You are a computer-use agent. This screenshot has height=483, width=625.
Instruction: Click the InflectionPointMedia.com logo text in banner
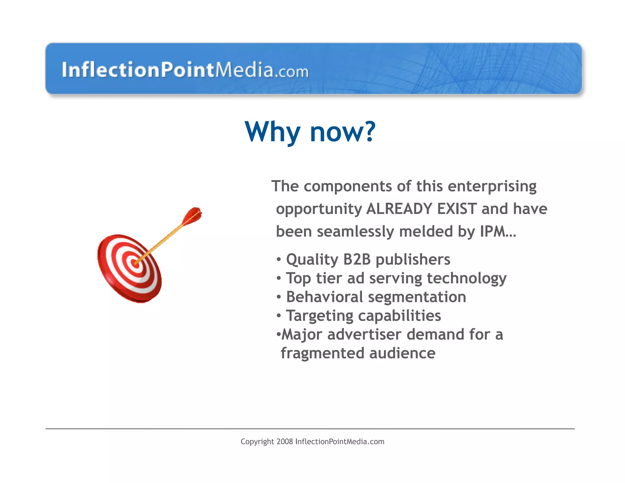pyautogui.click(x=185, y=70)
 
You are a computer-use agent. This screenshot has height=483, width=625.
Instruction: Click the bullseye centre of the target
pyautogui.click(x=135, y=262)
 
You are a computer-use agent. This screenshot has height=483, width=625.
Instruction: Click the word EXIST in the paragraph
pyautogui.click(x=457, y=209)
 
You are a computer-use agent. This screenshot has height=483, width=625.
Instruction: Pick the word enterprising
pyautogui.click(x=492, y=187)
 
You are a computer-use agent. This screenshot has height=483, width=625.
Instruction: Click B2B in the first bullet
pyautogui.click(x=357, y=260)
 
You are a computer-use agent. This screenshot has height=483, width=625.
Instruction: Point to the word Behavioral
pyautogui.click(x=324, y=297)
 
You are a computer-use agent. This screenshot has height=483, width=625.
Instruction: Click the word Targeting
pyautogui.click(x=319, y=316)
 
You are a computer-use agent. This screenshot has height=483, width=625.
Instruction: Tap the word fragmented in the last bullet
pyautogui.click(x=322, y=354)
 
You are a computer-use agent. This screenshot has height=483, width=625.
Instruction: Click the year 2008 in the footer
pyautogui.click(x=285, y=441)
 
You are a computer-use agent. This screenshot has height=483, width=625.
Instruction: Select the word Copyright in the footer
pyautogui.click(x=257, y=442)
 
